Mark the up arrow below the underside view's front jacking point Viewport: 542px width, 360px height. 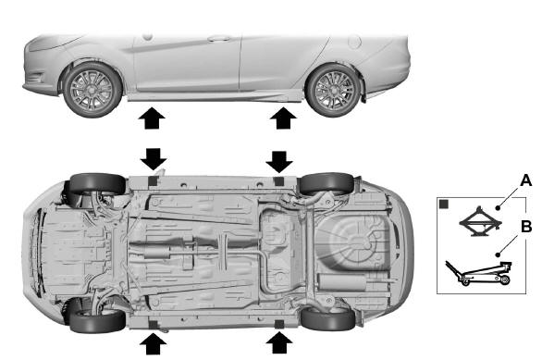151,345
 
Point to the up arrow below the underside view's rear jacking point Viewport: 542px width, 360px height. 278,345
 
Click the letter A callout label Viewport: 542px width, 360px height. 526,180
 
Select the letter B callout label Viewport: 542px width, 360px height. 526,225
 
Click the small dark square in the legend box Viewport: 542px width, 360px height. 445,205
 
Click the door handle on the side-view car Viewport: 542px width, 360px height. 218,39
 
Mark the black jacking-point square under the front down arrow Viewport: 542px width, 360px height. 152,180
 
